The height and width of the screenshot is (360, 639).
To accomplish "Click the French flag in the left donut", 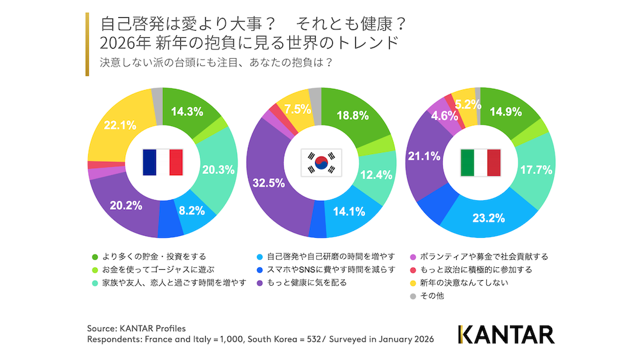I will point(163,162).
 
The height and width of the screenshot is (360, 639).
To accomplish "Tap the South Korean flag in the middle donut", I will point(321,162).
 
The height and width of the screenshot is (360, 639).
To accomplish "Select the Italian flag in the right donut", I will point(480,162).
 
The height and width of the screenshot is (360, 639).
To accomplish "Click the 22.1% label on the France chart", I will point(119,125).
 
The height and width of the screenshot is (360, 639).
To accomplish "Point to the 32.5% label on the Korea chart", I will point(268,182).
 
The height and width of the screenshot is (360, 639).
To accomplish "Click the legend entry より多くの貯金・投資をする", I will point(146,256).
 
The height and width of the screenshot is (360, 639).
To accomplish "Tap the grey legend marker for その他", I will point(413,296).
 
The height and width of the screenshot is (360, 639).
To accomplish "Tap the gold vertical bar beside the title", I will point(87,43).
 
